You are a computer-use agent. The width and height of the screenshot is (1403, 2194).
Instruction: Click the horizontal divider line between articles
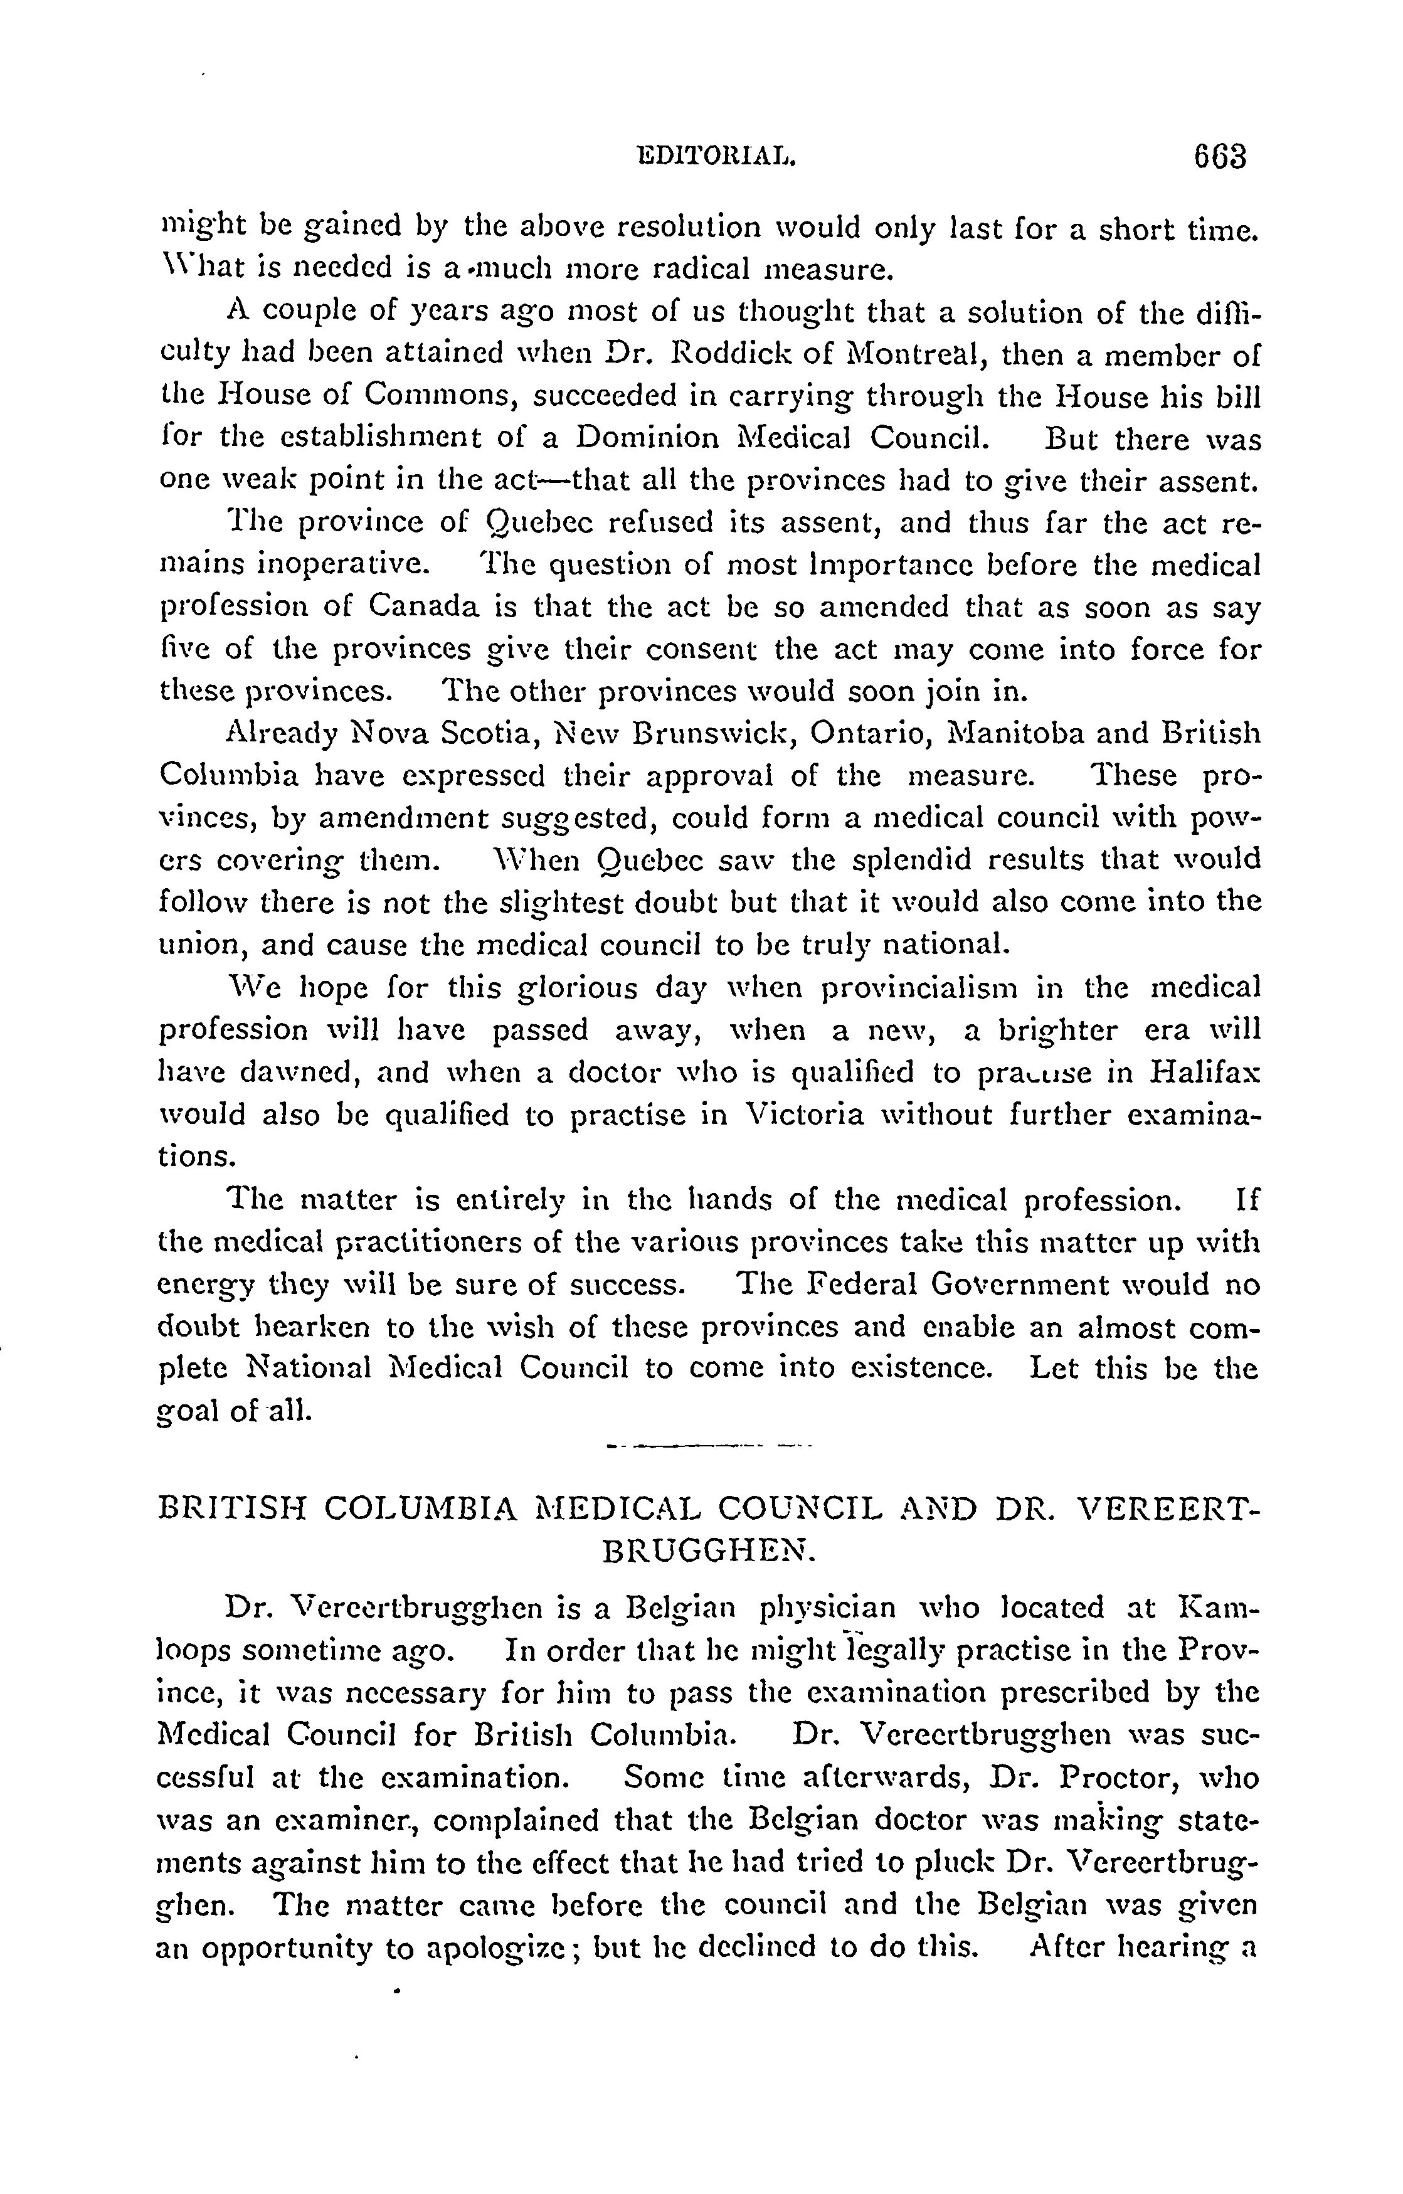pos(708,1445)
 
